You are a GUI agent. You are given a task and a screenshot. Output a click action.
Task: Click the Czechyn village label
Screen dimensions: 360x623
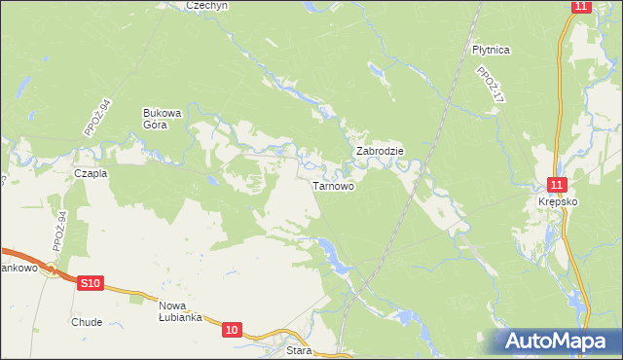206,5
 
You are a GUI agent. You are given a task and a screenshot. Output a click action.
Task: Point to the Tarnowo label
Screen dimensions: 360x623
332,185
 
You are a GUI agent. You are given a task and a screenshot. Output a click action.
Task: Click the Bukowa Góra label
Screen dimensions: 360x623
163,118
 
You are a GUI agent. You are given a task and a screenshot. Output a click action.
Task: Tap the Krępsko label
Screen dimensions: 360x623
559,201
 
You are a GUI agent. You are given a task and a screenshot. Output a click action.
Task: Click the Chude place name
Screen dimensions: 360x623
87,321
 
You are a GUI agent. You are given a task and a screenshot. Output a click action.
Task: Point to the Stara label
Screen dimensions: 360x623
299,350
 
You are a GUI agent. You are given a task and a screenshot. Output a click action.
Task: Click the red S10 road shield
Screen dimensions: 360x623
90,283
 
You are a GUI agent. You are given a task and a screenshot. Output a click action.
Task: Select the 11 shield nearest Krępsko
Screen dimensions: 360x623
556,184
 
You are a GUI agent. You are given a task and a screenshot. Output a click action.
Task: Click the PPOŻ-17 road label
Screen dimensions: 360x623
489,86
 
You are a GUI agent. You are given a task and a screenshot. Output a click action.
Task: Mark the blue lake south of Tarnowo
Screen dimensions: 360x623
336,257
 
